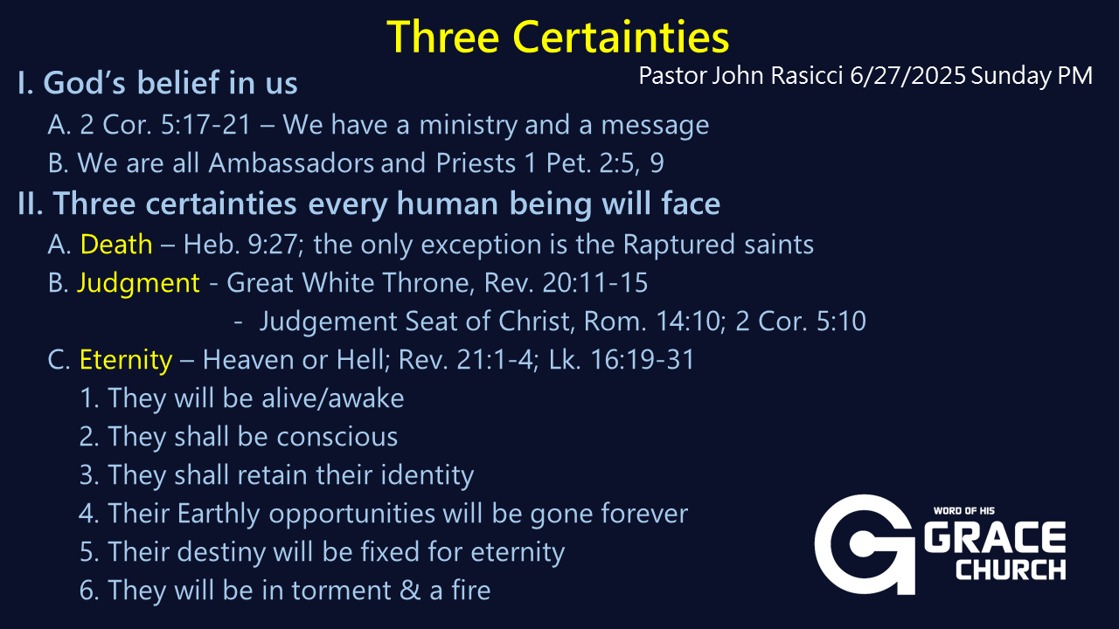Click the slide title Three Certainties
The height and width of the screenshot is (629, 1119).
pyautogui.click(x=558, y=37)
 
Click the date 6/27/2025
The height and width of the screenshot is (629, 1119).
pyautogui.click(x=907, y=76)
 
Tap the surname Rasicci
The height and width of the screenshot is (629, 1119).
pyautogui.click(x=807, y=76)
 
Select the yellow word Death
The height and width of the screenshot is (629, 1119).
pyautogui.click(x=116, y=244)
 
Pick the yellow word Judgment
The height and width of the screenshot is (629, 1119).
pyautogui.click(x=138, y=284)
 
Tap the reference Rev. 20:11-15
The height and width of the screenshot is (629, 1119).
pyautogui.click(x=566, y=282)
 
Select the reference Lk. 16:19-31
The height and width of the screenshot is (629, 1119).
pyautogui.click(x=622, y=359)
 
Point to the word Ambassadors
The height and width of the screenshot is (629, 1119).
pyautogui.click(x=291, y=162)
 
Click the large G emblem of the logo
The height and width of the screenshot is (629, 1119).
pyautogui.click(x=865, y=544)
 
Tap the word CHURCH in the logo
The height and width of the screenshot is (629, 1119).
pyautogui.click(x=1011, y=570)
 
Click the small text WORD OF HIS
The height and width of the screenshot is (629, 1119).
pyautogui.click(x=964, y=511)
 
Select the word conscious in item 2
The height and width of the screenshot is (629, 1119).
pyautogui.click(x=337, y=437)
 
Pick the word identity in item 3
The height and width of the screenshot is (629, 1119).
pyautogui.click(x=427, y=475)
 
